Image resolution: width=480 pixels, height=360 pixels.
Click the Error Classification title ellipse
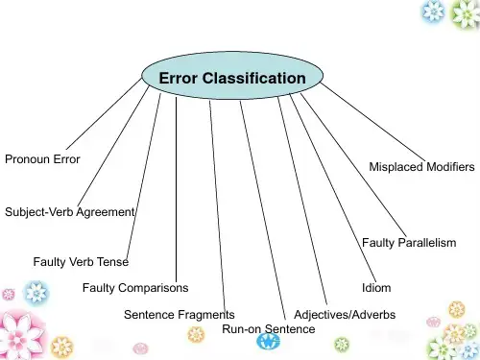(x=232, y=76)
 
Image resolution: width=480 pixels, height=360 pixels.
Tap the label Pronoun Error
(x=42, y=159)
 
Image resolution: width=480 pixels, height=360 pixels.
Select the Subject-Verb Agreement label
(x=70, y=212)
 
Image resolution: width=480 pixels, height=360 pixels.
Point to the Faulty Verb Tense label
(x=81, y=262)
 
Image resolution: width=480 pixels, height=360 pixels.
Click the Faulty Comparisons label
(x=135, y=288)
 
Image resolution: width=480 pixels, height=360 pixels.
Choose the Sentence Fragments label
(x=180, y=315)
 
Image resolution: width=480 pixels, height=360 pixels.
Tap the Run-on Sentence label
(x=269, y=329)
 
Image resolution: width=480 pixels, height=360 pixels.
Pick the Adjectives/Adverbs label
(x=345, y=315)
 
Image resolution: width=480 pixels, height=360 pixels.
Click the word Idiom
(x=376, y=288)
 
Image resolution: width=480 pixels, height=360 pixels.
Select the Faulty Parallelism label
(x=409, y=243)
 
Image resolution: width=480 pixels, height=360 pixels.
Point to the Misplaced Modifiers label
(x=421, y=167)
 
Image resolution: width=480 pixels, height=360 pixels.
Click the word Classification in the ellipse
(x=254, y=78)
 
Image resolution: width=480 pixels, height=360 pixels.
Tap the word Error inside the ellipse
(x=178, y=79)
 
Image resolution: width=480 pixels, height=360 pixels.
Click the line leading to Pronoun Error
(x=104, y=113)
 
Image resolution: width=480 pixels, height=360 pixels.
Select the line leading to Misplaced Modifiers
(x=373, y=122)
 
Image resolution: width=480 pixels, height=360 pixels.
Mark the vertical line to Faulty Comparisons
(x=176, y=189)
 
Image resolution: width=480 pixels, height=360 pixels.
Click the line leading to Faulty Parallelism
(x=353, y=166)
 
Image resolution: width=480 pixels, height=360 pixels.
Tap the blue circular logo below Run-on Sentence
(x=269, y=342)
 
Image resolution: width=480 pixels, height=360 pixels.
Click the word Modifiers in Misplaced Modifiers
(x=450, y=167)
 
